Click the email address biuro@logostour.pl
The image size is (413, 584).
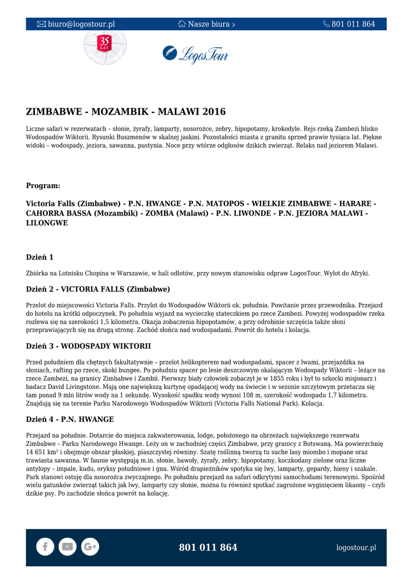pyautogui.click(x=81, y=24)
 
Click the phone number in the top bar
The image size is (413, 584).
pyautogui.click(x=353, y=24)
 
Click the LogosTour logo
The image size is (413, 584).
pyautogui.click(x=195, y=54)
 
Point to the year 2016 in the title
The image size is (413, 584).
pyautogui.click(x=214, y=112)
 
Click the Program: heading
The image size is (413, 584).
pyautogui.click(x=43, y=185)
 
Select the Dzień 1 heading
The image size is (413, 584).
pyautogui.click(x=40, y=257)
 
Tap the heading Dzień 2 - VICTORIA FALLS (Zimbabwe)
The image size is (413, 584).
pyautogui.click(x=98, y=289)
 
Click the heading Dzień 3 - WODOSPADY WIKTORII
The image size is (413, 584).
pyautogui.click(x=88, y=346)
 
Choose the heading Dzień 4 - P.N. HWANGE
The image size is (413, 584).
pyautogui.click(x=70, y=419)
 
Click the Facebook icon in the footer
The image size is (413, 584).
pyautogui.click(x=45, y=547)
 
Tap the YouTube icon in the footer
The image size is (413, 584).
pyautogui.click(x=67, y=547)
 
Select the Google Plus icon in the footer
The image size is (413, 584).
pyautogui.click(x=90, y=547)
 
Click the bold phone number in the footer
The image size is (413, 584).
pyautogui.click(x=208, y=547)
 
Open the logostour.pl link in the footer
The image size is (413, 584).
pyautogui.click(x=356, y=547)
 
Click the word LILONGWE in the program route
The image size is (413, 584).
pyautogui.click(x=47, y=223)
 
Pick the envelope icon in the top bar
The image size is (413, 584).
pyautogui.click(x=41, y=24)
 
